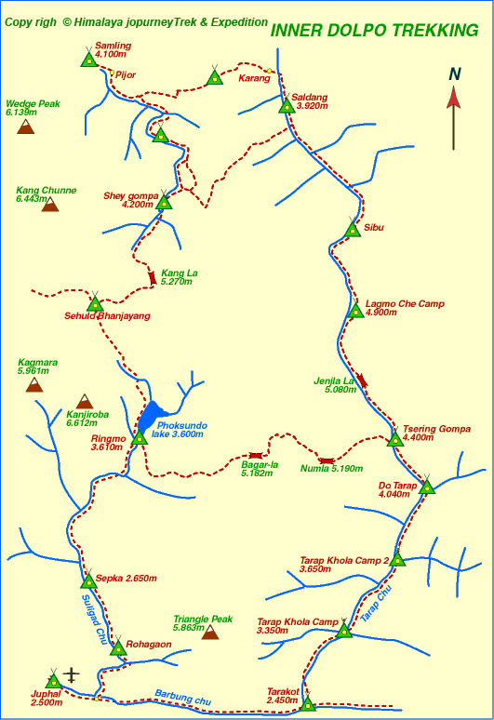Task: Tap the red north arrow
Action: (454, 110)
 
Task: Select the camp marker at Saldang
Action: (287, 105)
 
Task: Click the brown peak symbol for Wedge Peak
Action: (26, 126)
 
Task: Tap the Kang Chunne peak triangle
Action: (49, 204)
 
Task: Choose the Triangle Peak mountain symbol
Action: (210, 633)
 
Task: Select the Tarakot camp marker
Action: (308, 703)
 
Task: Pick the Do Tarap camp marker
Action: (427, 486)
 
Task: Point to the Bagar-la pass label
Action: (260, 468)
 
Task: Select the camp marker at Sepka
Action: (88, 581)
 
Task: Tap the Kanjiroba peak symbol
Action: (85, 401)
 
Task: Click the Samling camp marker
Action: (88, 60)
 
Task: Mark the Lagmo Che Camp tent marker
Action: (354, 311)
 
